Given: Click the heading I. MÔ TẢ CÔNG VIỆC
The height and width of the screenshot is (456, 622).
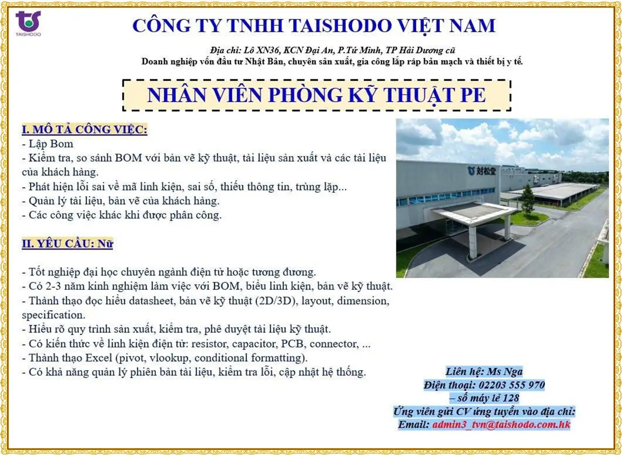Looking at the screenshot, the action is [x=84, y=129].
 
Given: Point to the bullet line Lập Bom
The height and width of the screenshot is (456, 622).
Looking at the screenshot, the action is [x=48, y=144].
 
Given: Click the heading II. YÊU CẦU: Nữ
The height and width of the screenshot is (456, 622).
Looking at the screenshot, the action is [x=68, y=244].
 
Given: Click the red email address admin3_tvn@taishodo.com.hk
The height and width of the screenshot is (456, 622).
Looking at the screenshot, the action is [x=501, y=424].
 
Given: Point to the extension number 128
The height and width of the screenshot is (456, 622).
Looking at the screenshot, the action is [x=510, y=398].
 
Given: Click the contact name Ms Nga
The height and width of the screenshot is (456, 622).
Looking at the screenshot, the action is [x=505, y=372].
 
